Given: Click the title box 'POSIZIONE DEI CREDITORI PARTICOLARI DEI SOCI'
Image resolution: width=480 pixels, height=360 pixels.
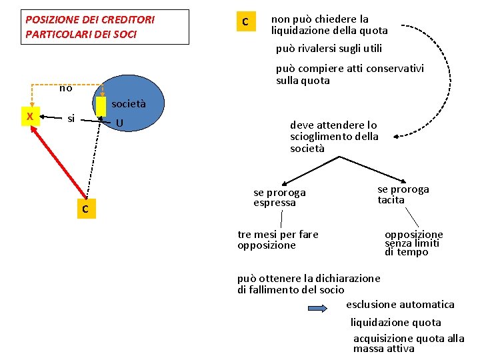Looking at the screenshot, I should coord(105,27).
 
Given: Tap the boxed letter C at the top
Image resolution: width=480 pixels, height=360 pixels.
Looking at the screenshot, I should coord(245,22).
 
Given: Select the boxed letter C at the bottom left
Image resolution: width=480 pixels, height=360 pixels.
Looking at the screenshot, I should coord(85,209).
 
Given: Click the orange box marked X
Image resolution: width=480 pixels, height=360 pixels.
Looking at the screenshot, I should coord(29,116).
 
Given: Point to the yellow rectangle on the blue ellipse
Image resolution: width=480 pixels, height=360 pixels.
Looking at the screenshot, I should coord(101,106).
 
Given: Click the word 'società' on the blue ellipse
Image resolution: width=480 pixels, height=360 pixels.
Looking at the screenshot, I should coord(129,104).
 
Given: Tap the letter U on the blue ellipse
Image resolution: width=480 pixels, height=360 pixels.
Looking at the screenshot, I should coord(118,123).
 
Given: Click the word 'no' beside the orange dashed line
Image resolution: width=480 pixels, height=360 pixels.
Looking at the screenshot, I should coord(65,88).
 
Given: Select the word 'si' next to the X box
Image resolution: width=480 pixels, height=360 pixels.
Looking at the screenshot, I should coord(71,119).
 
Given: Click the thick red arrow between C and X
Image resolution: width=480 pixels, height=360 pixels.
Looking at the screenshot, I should coord(59,161).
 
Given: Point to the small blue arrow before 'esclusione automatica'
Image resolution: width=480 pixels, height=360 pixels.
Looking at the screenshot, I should coord(317,308).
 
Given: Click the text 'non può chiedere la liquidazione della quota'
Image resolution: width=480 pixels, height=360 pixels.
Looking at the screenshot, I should coord(329,25).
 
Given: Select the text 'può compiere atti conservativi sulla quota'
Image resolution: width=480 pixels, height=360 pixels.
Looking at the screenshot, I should coord(349,75).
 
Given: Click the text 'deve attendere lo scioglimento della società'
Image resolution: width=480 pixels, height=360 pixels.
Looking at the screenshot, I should coord(334,136).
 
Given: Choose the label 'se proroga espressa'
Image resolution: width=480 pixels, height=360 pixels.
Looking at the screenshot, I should coord(279,197).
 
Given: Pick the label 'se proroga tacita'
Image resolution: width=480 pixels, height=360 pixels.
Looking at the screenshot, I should coord(403,194).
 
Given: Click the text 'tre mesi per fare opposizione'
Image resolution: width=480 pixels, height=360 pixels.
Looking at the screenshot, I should coord(277,239).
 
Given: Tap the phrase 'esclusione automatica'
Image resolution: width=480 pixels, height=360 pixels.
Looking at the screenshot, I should coord(400,305).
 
